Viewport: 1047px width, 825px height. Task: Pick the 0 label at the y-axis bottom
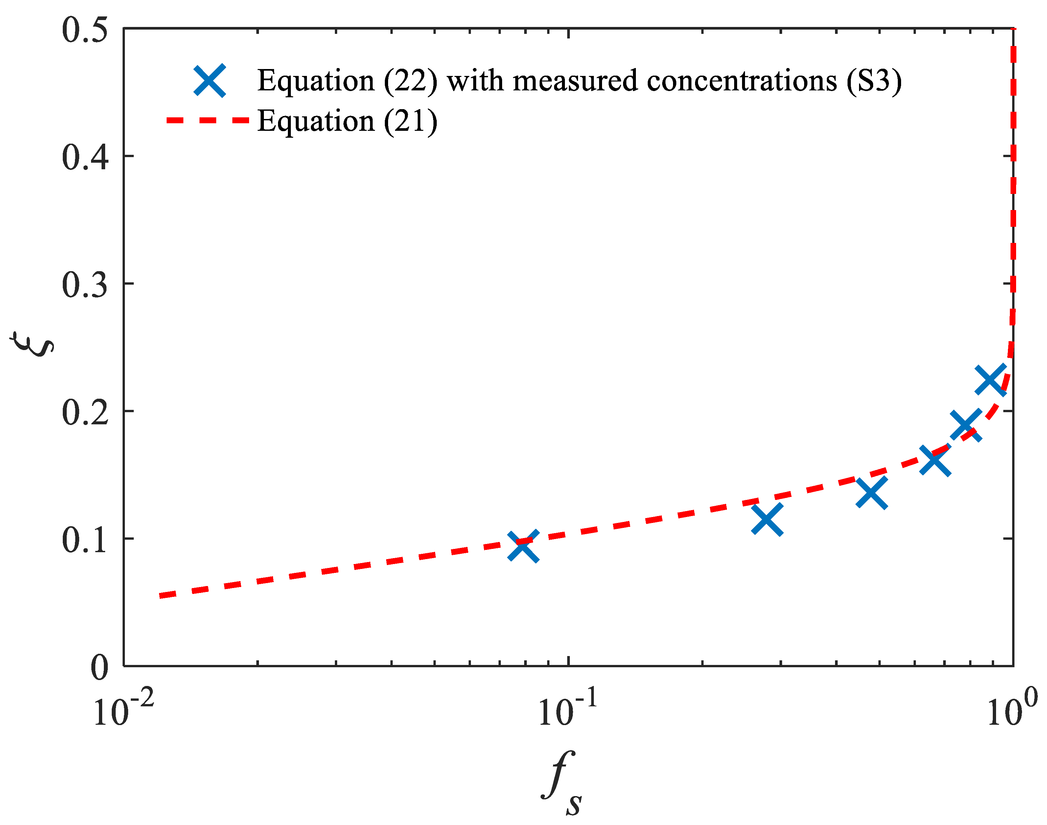100,668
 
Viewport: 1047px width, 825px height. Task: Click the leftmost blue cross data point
523,546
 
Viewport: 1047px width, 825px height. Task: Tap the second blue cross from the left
767,520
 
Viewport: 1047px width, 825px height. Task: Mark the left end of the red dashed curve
162,596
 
